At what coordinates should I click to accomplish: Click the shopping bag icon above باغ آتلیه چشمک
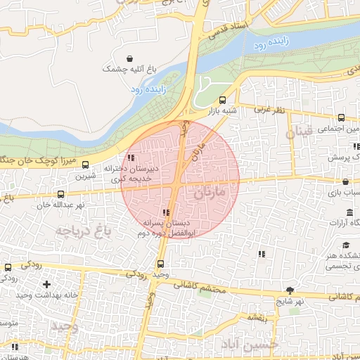[129, 58]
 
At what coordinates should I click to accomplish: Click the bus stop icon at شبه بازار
[223, 100]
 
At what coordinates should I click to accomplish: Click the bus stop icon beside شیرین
[86, 165]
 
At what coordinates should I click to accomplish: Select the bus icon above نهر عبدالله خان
[60, 193]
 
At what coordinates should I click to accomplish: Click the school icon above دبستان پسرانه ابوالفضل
[166, 212]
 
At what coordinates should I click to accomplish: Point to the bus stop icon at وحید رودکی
[160, 264]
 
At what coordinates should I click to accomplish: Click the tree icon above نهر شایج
[290, 290]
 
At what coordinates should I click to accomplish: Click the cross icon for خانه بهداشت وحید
[47, 284]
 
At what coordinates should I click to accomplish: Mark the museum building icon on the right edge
[349, 212]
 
